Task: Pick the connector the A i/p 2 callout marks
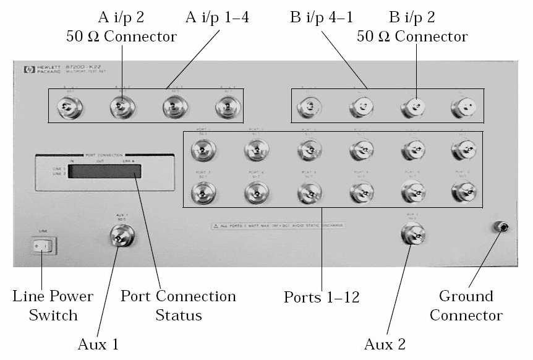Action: (121, 109)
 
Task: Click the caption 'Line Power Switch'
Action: (53, 306)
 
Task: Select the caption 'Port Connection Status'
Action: (178, 306)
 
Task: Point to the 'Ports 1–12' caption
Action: (322, 297)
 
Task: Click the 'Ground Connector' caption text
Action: (466, 306)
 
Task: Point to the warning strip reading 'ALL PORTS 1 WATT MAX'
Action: (278, 226)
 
